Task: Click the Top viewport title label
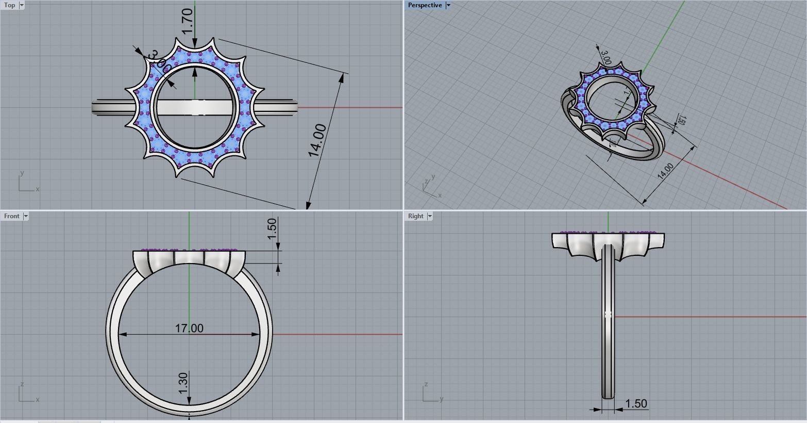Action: click(x=9, y=5)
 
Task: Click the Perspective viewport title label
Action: click(x=425, y=5)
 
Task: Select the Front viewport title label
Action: click(x=11, y=216)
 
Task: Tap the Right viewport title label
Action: click(x=415, y=216)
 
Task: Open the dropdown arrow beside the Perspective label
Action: click(x=448, y=5)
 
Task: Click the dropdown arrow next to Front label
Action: click(x=26, y=216)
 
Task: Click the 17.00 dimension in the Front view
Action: click(x=189, y=328)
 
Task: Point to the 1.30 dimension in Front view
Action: click(x=183, y=383)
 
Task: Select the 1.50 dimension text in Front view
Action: click(x=272, y=229)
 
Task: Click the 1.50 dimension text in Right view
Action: click(x=635, y=403)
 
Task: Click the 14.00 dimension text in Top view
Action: click(x=317, y=140)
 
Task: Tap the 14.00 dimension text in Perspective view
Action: click(x=665, y=171)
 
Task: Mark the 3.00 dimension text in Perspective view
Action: click(x=606, y=57)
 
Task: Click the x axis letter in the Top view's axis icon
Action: click(x=38, y=189)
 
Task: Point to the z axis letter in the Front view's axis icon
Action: click(x=22, y=384)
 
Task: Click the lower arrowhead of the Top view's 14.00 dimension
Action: click(x=308, y=205)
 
